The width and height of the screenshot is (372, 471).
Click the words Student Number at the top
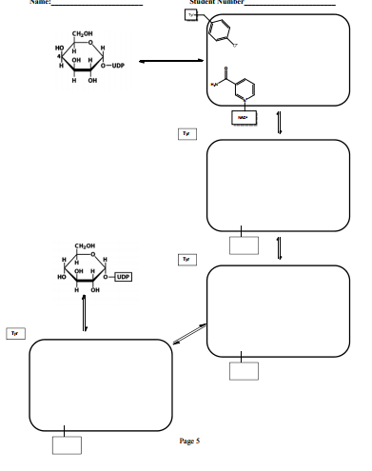click(x=218, y=3)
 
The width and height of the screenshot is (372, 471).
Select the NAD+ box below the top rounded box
click(x=243, y=117)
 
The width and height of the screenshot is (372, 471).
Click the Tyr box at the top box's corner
click(x=194, y=16)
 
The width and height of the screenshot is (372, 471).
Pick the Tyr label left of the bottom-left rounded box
click(x=14, y=333)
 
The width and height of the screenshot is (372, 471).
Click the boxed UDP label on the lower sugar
click(x=124, y=277)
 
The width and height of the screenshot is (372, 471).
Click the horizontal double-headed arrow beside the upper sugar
click(x=166, y=62)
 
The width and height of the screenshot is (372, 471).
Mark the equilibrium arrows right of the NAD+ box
click(x=278, y=124)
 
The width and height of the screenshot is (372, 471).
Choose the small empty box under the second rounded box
click(x=244, y=244)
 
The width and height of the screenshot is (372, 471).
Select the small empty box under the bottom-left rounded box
click(x=66, y=445)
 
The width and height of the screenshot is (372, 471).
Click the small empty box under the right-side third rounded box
click(x=244, y=369)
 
